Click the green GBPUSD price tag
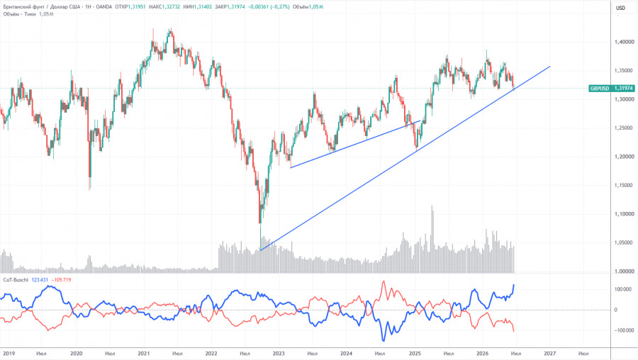coord(611,89)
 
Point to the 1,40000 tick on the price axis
coord(624,42)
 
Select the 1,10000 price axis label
coord(624,214)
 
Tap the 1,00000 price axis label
coord(624,271)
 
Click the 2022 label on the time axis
coord(211,354)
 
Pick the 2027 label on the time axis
coord(549,354)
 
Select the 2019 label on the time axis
coord(9,354)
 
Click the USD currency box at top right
coord(620,8)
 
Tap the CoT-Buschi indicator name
coord(16,280)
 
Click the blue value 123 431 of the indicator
coord(40,280)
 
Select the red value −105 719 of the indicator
coord(61,280)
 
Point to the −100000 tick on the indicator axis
coord(623,330)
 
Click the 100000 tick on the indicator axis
coord(623,289)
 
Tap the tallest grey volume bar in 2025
coord(432,240)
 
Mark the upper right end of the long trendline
coord(550,67)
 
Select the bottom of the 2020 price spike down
coord(89,189)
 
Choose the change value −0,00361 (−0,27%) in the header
coord(269,7)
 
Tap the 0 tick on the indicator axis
coord(615,310)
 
